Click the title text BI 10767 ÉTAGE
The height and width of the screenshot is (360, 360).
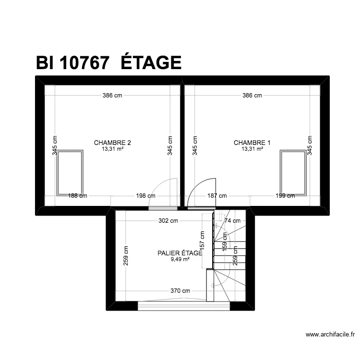click(x=108, y=63)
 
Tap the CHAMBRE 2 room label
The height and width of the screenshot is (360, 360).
click(x=112, y=143)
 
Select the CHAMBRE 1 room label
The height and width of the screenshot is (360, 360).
click(x=252, y=143)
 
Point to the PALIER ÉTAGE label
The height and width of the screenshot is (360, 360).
click(x=180, y=253)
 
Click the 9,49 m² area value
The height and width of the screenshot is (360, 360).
click(x=180, y=260)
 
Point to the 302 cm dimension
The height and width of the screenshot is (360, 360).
click(x=168, y=221)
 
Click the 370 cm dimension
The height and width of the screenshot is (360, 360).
click(x=180, y=291)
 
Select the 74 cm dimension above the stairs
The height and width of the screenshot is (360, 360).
click(x=232, y=221)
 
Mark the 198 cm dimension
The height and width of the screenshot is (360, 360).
click(x=145, y=196)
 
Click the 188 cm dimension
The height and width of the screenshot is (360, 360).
click(x=78, y=196)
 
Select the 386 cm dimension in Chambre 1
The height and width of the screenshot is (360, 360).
click(x=252, y=96)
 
